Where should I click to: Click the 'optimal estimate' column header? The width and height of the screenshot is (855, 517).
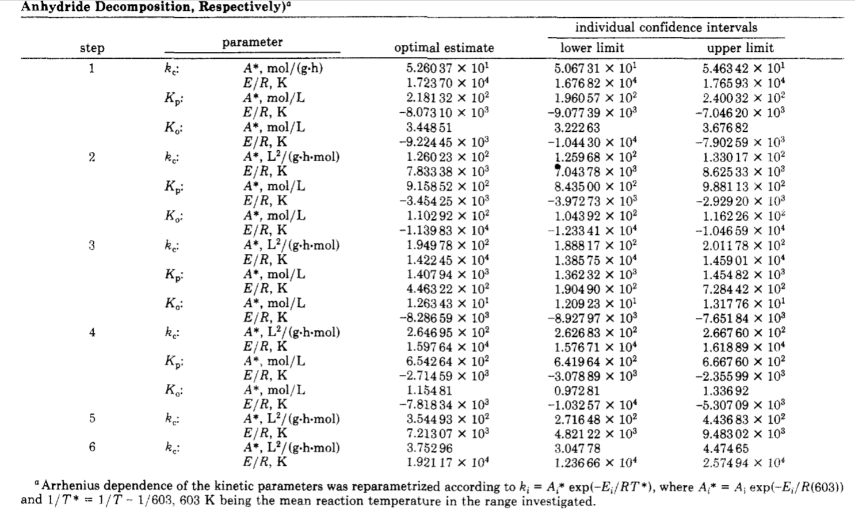tap(444, 48)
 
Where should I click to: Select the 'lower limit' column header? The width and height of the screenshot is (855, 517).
tap(592, 48)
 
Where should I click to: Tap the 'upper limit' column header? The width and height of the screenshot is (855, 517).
tap(740, 48)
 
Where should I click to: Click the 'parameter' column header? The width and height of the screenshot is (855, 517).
tap(253, 42)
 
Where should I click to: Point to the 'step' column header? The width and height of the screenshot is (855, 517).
tap(92, 48)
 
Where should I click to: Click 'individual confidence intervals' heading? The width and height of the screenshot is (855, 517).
tap(666, 27)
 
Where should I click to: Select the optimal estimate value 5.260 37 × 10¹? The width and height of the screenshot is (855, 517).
tap(448, 68)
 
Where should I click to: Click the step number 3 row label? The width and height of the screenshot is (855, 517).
tap(92, 245)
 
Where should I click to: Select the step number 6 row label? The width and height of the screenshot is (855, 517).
tap(92, 447)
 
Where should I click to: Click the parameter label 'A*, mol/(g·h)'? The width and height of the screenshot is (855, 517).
tap(283, 68)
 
